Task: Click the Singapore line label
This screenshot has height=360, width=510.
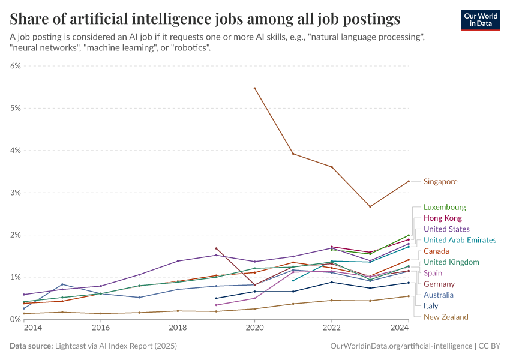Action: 440,181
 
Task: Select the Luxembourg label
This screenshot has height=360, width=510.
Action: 445,207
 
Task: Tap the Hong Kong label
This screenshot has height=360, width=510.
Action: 443,218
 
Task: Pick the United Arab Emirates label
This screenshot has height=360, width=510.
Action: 460,240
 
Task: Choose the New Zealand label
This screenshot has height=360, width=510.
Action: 446,317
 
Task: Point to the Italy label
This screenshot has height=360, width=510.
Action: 431,306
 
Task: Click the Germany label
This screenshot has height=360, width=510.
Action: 439,284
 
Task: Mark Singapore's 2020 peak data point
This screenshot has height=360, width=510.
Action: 255,88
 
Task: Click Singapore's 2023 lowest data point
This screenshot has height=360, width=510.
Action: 370,206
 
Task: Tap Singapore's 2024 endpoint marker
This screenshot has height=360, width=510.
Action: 409,181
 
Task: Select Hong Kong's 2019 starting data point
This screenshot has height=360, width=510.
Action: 216,248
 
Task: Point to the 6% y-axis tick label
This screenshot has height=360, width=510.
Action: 16,66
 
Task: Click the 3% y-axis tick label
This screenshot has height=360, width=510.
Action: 16,193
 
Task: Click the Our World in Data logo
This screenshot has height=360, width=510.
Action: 481,19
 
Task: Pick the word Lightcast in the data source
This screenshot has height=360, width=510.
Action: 73,346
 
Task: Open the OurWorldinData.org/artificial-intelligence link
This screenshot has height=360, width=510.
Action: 401,346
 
